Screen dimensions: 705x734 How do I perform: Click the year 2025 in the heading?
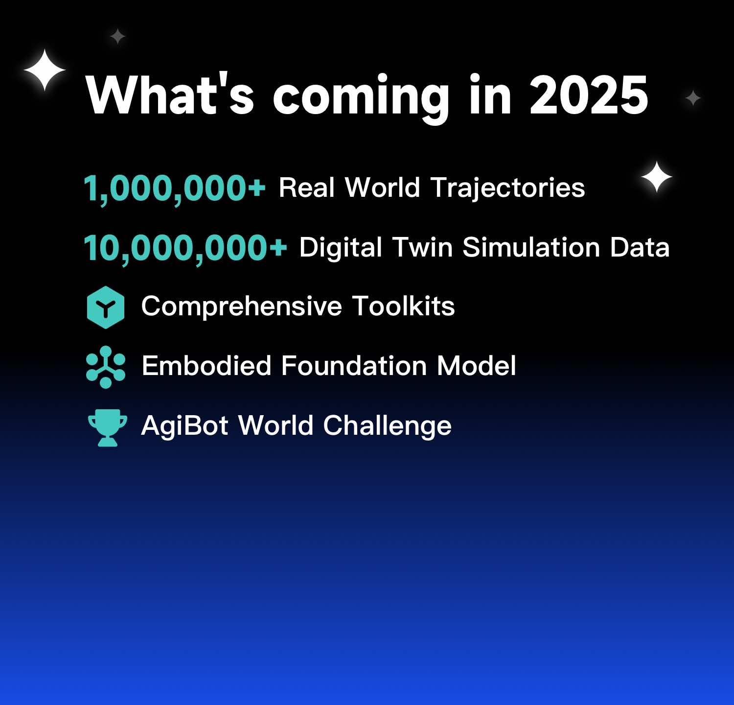tap(589, 96)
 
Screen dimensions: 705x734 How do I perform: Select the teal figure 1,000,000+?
tap(174, 188)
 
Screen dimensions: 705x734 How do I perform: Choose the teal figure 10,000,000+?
tap(185, 248)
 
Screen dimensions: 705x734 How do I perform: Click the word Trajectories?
tap(507, 188)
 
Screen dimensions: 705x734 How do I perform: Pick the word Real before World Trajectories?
tap(307, 188)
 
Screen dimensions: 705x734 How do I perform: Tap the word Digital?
tap(341, 247)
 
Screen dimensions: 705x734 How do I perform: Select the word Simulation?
tap(531, 247)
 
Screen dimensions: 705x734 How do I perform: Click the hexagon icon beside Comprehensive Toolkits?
tap(106, 307)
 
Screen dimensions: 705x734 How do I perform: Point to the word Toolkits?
tap(403, 306)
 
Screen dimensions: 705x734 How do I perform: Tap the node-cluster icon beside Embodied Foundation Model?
tap(106, 367)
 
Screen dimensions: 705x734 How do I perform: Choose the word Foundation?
tap(354, 366)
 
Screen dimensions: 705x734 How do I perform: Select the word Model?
tap(476, 366)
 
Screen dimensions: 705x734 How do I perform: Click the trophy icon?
tap(107, 427)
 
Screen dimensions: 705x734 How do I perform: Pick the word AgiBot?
tap(184, 425)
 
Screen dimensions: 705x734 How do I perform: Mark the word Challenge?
tap(387, 426)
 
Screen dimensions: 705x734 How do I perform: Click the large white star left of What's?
tap(45, 70)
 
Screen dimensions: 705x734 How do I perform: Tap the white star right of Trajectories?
tap(657, 177)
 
